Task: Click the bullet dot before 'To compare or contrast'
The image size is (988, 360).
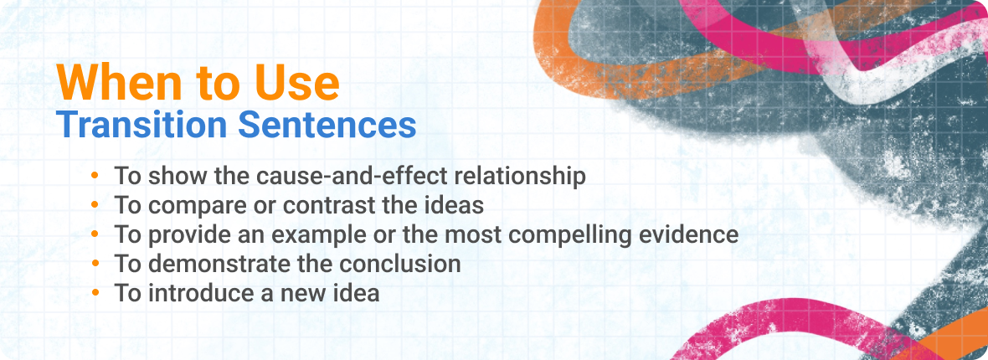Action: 95,205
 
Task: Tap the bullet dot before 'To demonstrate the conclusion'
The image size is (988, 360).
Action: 95,263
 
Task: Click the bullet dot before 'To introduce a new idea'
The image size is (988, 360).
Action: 95,292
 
